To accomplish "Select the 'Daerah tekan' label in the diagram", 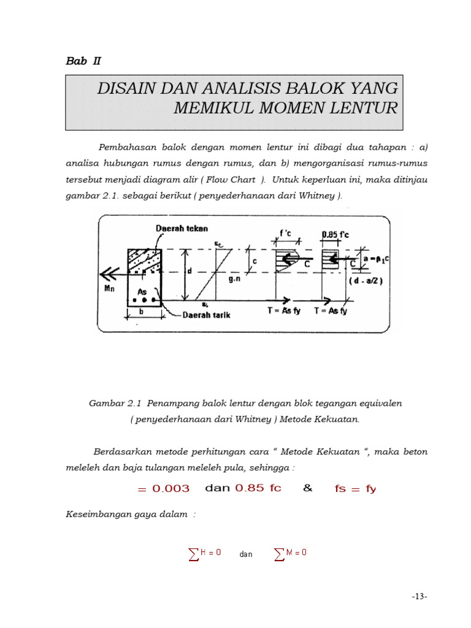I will (x=182, y=228).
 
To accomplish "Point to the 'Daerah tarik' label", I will (x=207, y=315).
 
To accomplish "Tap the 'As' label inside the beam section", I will (x=142, y=293).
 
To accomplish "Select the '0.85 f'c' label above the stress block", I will (x=335, y=234).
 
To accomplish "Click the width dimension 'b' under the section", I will (x=142, y=312).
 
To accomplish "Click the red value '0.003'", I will (x=171, y=489).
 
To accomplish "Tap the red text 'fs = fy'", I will (x=355, y=489).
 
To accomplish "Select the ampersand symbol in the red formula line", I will (x=308, y=488).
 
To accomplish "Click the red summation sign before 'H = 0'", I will (x=194, y=554).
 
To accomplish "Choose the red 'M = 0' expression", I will (x=296, y=553).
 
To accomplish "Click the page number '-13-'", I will (x=419, y=596).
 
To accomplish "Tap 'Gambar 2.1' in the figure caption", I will (x=115, y=404).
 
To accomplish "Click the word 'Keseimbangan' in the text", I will (x=97, y=515).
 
